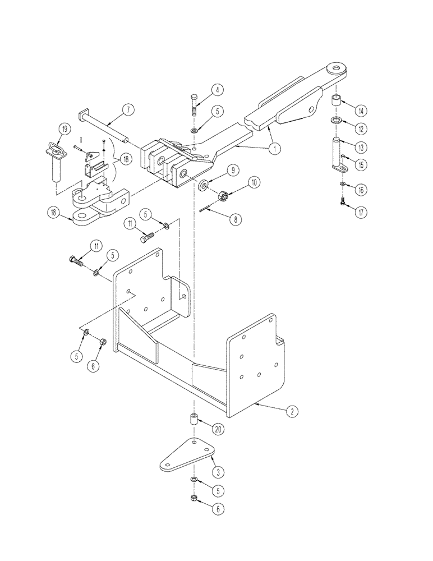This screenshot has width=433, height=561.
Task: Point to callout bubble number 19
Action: pyautogui.click(x=65, y=130)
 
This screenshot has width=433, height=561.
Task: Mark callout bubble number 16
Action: pyautogui.click(x=360, y=191)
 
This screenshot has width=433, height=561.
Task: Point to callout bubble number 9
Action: pyautogui.click(x=231, y=169)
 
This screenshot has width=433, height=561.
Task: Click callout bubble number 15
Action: pyautogui.click(x=360, y=165)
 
